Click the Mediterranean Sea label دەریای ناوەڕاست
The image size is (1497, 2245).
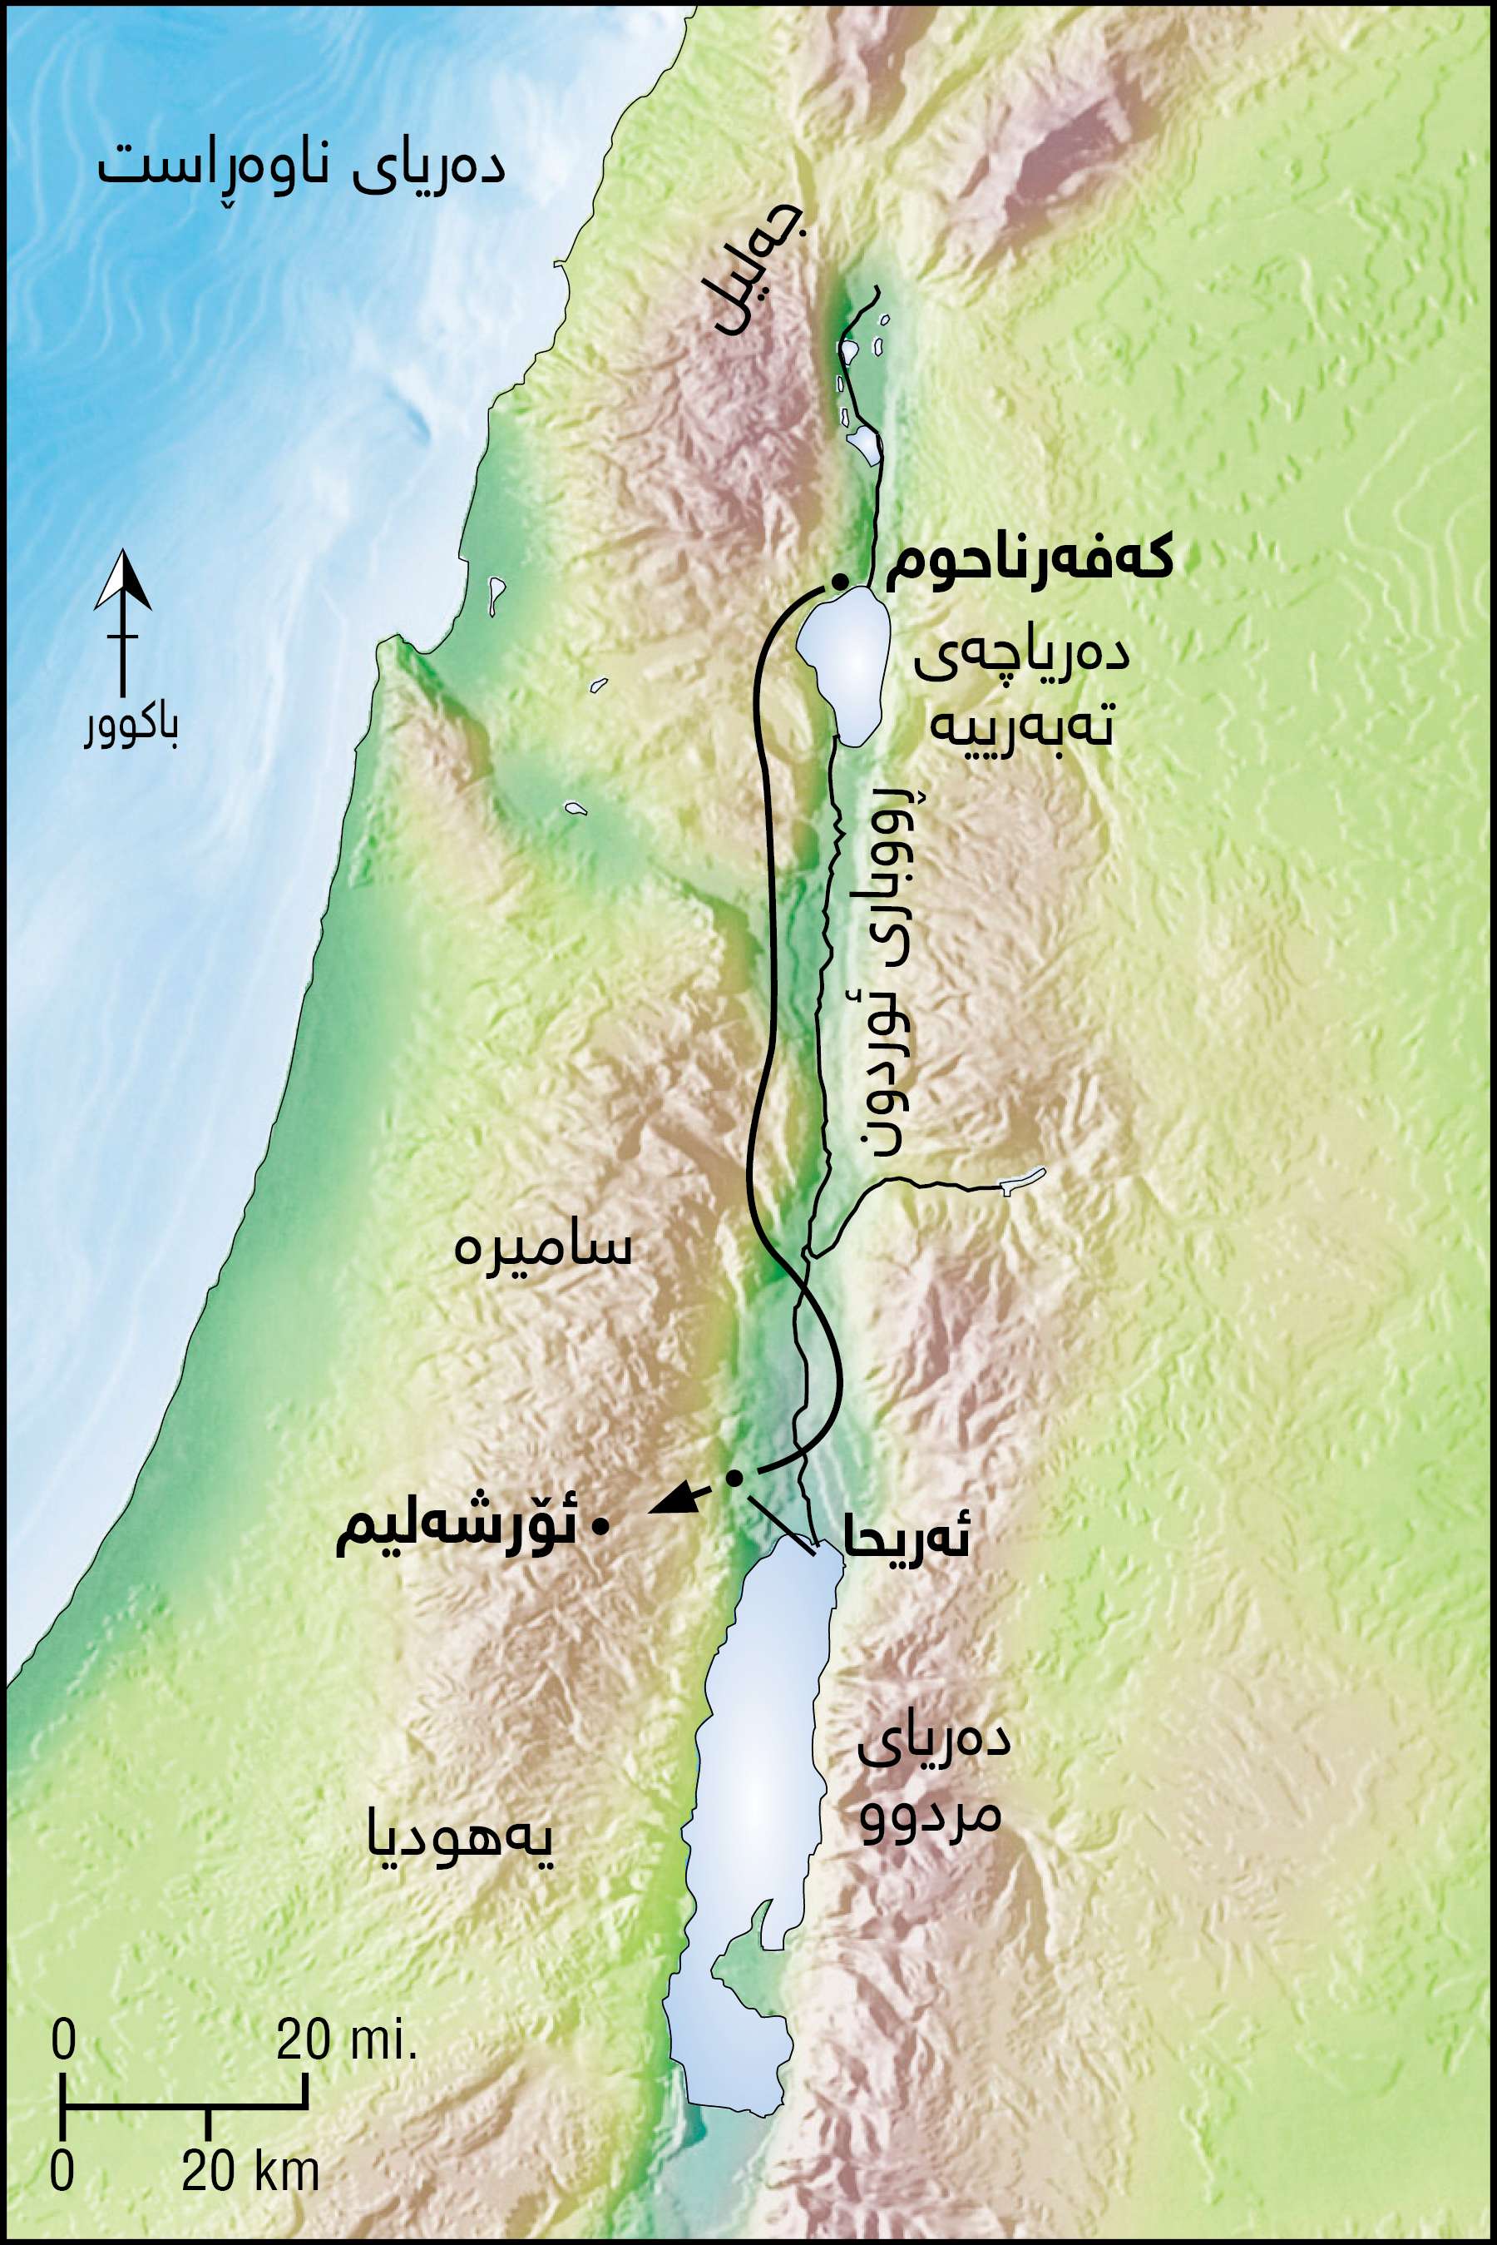pos(301,168)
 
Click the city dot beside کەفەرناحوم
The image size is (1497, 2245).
pos(839,581)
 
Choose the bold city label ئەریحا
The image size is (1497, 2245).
pos(905,1540)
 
